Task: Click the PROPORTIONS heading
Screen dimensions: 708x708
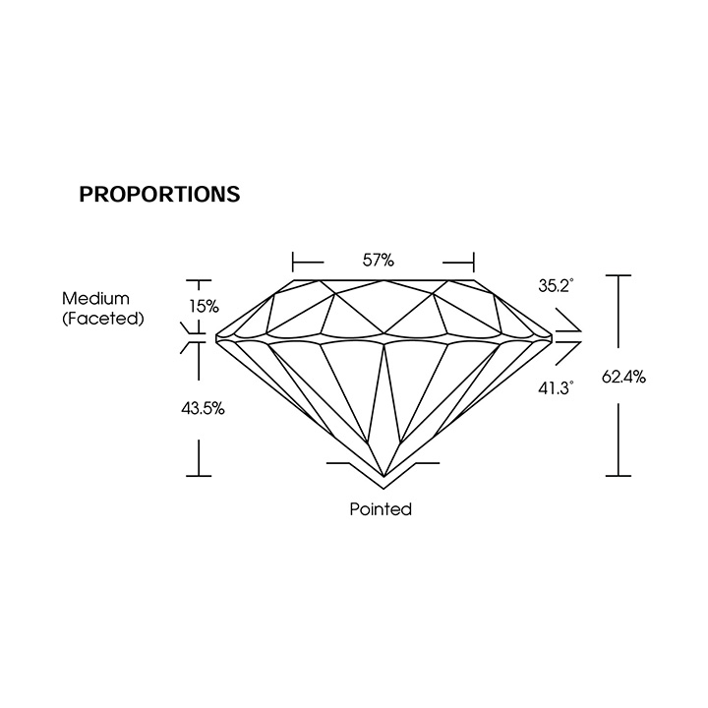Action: pyautogui.click(x=159, y=194)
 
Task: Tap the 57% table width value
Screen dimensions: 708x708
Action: pyautogui.click(x=379, y=260)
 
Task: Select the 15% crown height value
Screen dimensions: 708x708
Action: pyautogui.click(x=204, y=307)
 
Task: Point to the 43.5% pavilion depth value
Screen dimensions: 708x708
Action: pyautogui.click(x=203, y=409)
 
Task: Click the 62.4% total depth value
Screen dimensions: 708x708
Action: pyautogui.click(x=623, y=376)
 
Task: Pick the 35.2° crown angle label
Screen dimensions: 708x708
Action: pyautogui.click(x=556, y=285)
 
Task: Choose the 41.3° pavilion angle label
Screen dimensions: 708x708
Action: pyautogui.click(x=556, y=387)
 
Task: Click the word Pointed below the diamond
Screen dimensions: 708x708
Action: pyautogui.click(x=381, y=509)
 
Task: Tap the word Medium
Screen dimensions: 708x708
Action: pyautogui.click(x=95, y=299)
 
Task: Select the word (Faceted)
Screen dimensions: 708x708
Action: pyautogui.click(x=103, y=319)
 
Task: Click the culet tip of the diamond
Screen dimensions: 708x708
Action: pyautogui.click(x=383, y=477)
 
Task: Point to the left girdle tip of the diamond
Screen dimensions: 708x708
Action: pyautogui.click(x=216, y=338)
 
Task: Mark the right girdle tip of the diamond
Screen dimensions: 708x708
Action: pyautogui.click(x=552, y=338)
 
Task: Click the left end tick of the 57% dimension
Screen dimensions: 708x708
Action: pyautogui.click(x=293, y=262)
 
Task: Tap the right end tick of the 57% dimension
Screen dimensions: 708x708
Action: pyautogui.click(x=474, y=262)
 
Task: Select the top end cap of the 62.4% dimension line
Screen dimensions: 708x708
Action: pyautogui.click(x=619, y=275)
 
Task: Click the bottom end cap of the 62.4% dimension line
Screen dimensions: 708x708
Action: pyautogui.click(x=619, y=476)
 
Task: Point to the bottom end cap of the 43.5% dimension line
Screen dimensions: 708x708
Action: pyautogui.click(x=199, y=476)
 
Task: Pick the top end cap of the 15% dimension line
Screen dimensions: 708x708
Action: pyautogui.click(x=199, y=281)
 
